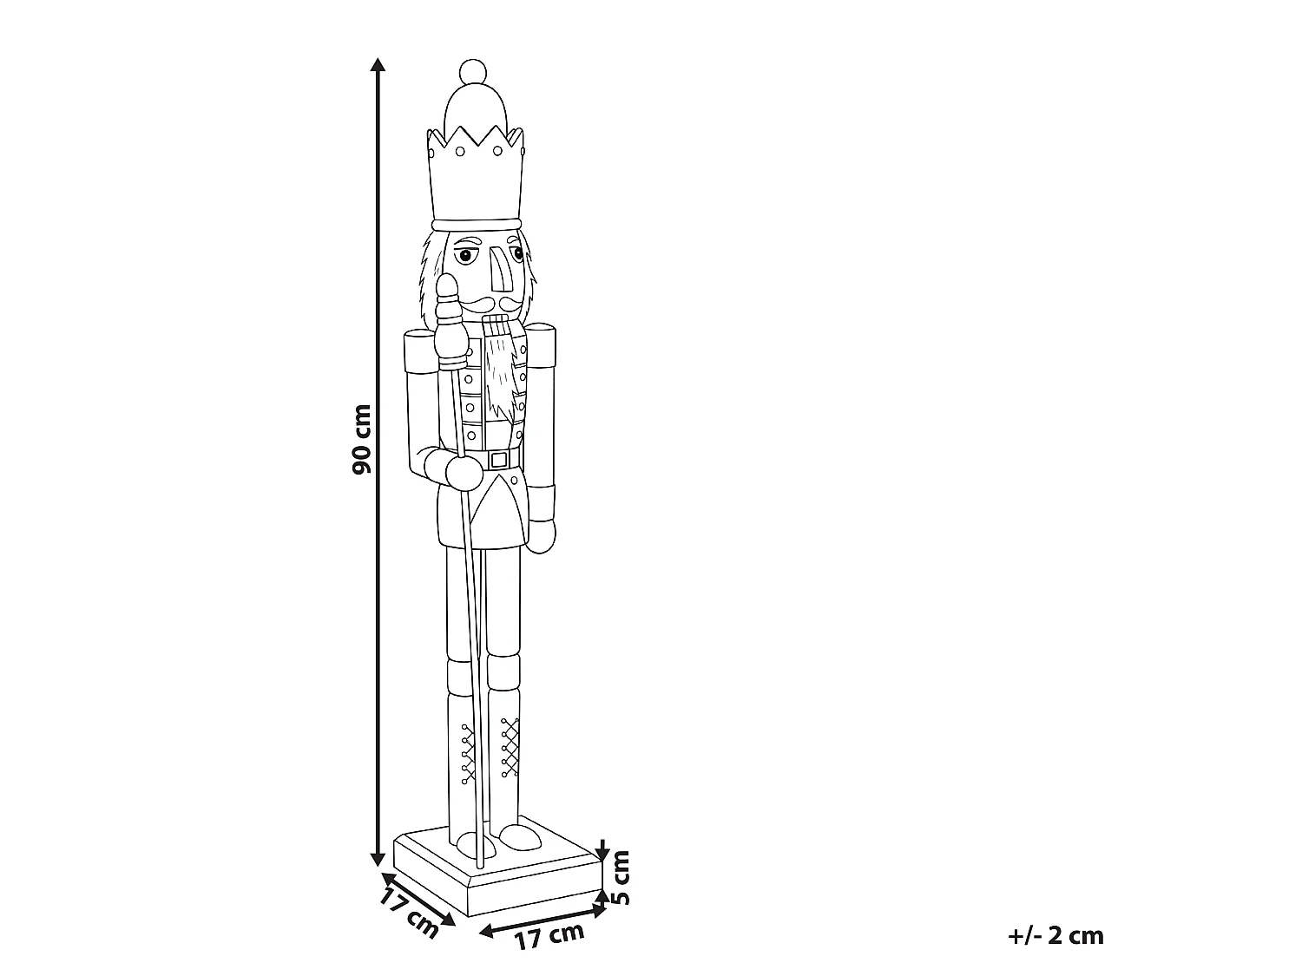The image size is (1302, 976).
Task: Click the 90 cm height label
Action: coord(361,439)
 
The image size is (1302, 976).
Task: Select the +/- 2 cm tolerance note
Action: coord(1055,936)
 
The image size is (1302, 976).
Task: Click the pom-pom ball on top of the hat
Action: coord(473,72)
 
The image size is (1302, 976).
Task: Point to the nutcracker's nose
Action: coord(501,270)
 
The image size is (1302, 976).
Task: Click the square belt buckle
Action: coord(499,459)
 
